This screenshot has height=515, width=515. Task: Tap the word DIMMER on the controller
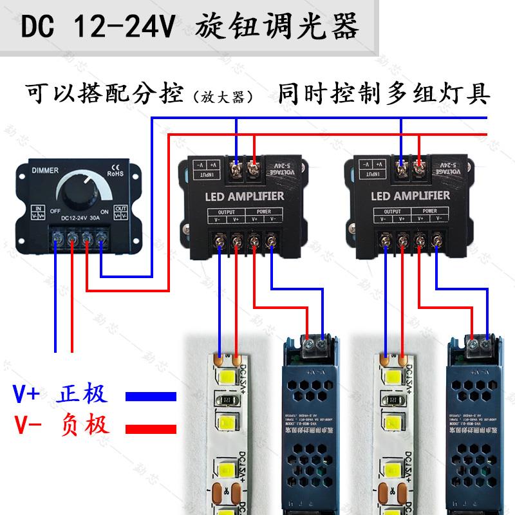coord(45,171)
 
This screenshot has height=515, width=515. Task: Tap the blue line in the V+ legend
coord(150,395)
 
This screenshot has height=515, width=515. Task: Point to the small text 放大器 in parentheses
coord(220,98)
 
